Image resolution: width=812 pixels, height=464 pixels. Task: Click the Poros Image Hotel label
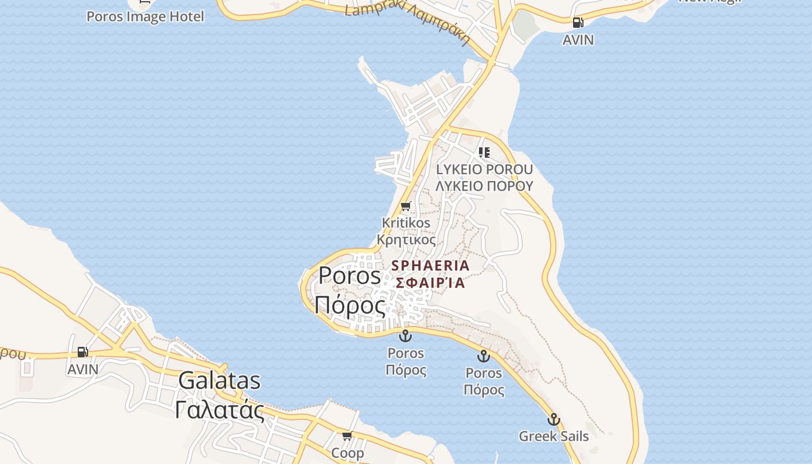click(x=145, y=16)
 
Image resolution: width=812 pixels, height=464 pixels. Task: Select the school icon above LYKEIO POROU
click(x=484, y=153)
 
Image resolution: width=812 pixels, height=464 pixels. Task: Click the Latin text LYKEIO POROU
click(x=484, y=169)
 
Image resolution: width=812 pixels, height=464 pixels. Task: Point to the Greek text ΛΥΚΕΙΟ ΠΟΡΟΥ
click(x=484, y=186)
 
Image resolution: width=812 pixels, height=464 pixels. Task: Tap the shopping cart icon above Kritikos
click(x=406, y=206)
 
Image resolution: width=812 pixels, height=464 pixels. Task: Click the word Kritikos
click(x=406, y=223)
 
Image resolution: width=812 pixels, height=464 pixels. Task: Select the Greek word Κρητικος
click(x=406, y=239)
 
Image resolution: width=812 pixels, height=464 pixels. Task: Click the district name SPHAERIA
click(x=430, y=266)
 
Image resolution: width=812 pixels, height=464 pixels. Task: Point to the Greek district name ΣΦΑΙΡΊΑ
click(x=430, y=283)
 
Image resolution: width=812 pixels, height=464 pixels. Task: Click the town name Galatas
click(x=219, y=381)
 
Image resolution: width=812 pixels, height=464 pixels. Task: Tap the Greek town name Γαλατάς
click(x=219, y=409)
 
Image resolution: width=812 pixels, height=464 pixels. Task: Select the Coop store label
click(x=347, y=452)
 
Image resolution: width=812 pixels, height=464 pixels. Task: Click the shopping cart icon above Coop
click(x=347, y=436)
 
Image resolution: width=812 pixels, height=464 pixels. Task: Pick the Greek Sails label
click(x=553, y=436)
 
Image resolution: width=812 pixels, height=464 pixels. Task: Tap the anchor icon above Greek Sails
click(x=553, y=419)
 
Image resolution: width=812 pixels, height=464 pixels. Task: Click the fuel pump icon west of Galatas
click(x=83, y=352)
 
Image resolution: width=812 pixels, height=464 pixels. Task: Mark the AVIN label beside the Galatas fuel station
click(x=83, y=369)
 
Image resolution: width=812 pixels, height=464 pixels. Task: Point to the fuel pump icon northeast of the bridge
click(x=578, y=23)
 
